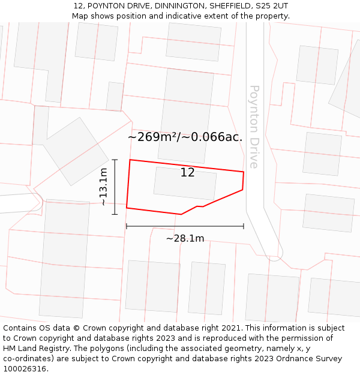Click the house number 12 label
tap(187, 173)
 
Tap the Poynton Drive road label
tap(254, 127)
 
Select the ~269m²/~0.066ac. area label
tap(185, 137)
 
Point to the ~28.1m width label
tap(185, 238)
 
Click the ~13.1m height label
tap(104, 187)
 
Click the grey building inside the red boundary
tap(185, 184)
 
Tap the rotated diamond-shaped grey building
tap(75, 151)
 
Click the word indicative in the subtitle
tap(180, 16)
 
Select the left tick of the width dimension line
tap(127, 226)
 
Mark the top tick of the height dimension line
tap(115, 160)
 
